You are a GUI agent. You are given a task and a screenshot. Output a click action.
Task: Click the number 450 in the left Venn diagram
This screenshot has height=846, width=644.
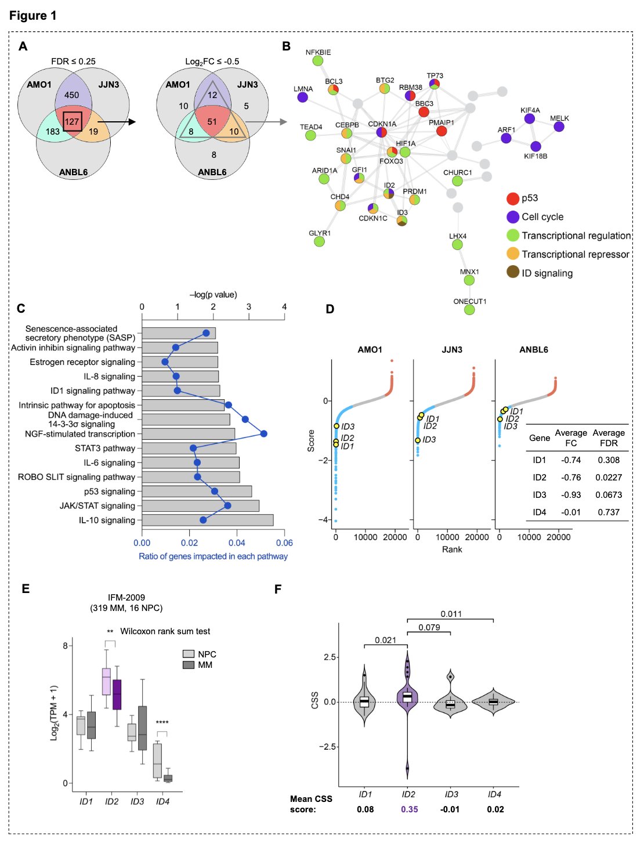coord(72,95)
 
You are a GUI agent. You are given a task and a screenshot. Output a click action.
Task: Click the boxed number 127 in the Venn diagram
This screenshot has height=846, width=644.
coord(72,122)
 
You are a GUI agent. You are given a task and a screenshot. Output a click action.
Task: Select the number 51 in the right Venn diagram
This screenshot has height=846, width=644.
coord(212,122)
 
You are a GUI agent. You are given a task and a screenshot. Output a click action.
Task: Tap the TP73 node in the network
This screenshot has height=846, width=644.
coord(435,84)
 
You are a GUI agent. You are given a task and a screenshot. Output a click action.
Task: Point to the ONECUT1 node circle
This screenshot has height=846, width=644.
coord(469,310)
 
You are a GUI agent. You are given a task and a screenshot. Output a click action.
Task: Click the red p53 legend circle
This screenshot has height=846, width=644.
coord(513,198)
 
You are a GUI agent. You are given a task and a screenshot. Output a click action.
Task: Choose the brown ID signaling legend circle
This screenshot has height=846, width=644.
coord(513,272)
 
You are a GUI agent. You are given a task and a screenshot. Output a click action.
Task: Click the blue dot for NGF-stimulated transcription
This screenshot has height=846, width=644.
coord(264,433)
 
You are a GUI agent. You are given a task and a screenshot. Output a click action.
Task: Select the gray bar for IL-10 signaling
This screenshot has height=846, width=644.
coord(207,520)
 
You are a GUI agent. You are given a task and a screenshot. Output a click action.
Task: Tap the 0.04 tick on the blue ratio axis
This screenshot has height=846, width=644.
coord(237,543)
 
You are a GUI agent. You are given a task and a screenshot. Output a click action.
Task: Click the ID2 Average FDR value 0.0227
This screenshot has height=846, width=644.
coord(609,478)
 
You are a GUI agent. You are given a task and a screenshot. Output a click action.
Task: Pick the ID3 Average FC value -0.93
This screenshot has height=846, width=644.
coord(571,495)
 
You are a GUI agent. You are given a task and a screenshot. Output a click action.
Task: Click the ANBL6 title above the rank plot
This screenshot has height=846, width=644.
coord(534,350)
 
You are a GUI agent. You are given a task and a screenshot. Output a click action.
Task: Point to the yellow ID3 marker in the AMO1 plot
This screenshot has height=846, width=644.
coord(337,426)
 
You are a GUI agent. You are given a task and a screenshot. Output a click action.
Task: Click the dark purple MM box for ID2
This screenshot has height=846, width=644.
coord(117,694)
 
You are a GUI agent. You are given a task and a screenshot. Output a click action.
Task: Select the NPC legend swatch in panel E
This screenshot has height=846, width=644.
coord(188,654)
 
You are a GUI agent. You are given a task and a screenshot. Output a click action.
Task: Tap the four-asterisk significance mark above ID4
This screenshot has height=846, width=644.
coord(162,723)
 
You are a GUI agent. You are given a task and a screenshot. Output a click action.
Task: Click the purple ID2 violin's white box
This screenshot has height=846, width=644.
coord(407,696)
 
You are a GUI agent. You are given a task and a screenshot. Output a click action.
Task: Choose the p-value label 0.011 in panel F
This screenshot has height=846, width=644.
coord(451,614)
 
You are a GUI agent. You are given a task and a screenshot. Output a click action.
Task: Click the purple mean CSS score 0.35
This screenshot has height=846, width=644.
coord(410,809)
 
